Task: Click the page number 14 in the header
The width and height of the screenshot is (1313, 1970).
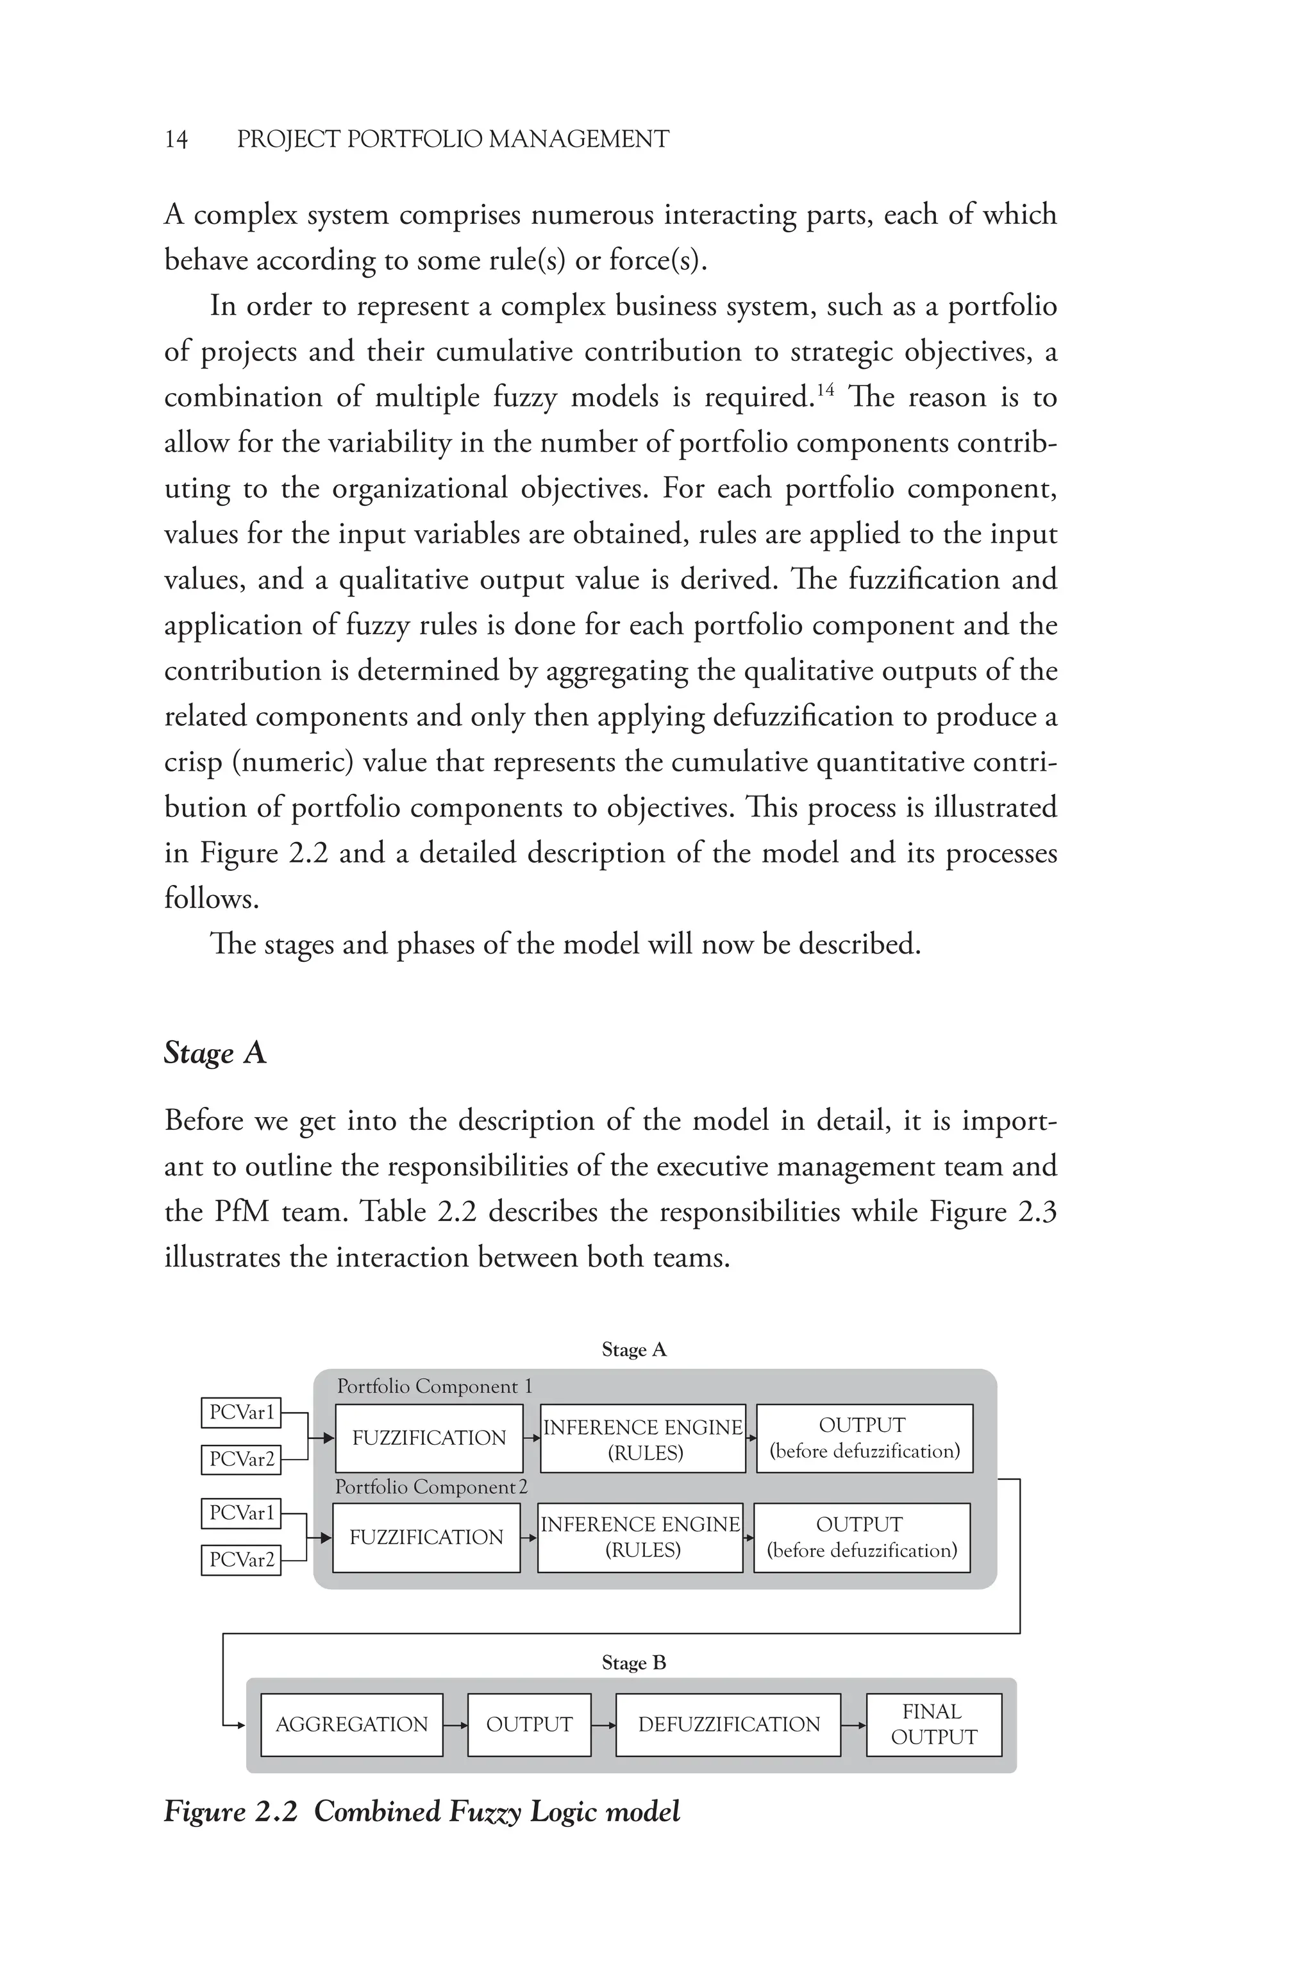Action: point(176,139)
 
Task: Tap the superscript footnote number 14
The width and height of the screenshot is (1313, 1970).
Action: point(825,388)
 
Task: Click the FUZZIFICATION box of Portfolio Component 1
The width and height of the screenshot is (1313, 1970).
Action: point(429,1438)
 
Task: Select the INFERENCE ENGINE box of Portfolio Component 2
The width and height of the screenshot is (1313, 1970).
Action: point(640,1537)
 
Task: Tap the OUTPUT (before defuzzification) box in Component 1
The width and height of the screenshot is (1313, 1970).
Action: point(864,1438)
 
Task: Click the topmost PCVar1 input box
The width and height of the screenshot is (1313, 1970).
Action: point(241,1412)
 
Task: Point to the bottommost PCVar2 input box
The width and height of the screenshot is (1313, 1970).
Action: point(241,1560)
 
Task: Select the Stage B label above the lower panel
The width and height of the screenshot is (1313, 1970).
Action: point(634,1663)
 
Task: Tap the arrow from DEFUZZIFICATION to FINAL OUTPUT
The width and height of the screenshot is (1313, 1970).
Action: point(853,1726)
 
